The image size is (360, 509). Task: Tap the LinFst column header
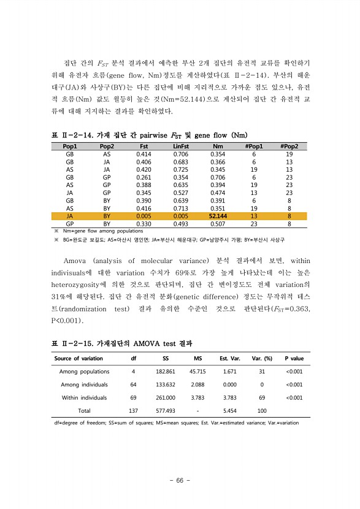181,147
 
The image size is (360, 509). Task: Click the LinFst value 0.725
181,170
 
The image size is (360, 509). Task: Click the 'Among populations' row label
85,372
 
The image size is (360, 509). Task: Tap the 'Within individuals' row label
85,398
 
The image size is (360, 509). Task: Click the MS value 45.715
197,372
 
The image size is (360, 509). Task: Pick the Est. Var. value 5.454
230,411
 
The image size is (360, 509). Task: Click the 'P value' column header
294,358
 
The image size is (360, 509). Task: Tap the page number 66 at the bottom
180,480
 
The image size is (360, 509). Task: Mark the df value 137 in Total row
133,411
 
